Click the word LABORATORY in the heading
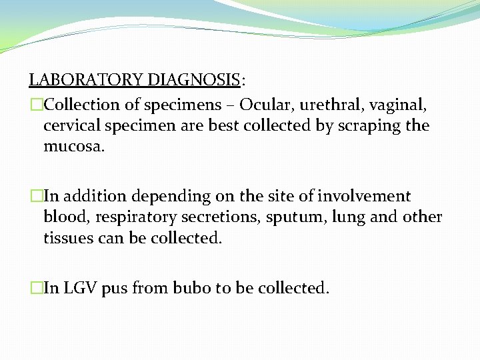click(85, 81)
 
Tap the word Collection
click(82, 105)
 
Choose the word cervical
click(71, 125)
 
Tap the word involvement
click(364, 197)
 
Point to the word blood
click(63, 217)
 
